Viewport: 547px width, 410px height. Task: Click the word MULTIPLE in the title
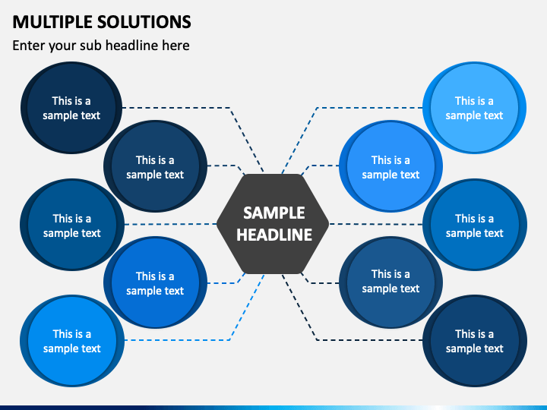coord(52,22)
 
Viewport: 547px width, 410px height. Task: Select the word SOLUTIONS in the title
coord(144,22)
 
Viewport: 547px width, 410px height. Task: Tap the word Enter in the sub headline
coord(29,46)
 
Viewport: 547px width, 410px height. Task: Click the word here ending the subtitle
coord(175,46)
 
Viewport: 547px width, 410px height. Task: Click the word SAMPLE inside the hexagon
coord(274,213)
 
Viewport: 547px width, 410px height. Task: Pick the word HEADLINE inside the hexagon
coord(274,235)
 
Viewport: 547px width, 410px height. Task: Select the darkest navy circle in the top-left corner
coord(71,108)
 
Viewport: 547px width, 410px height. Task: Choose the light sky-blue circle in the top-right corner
coord(474,108)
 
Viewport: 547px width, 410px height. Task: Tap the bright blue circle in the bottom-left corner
coord(72,341)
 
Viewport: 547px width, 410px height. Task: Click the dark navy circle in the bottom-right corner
coord(475,341)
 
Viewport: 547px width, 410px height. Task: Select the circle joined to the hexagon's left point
coord(72,225)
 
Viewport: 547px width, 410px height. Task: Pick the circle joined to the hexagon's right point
coord(475,225)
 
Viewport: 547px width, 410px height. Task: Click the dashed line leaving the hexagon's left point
coord(171,224)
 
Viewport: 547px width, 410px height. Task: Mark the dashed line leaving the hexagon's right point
coord(376,224)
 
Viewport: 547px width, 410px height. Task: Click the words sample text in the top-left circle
coord(71,115)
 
